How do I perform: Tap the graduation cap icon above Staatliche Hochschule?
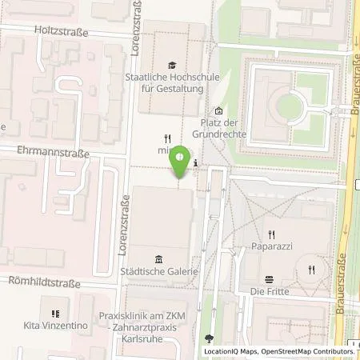[171, 65]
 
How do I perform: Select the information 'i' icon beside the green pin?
[197, 165]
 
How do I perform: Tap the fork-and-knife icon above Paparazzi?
[272, 234]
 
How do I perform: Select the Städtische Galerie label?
[159, 271]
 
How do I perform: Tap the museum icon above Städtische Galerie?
[158, 258]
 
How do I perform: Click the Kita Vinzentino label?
[55, 327]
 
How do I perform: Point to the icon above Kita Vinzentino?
[54, 314]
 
